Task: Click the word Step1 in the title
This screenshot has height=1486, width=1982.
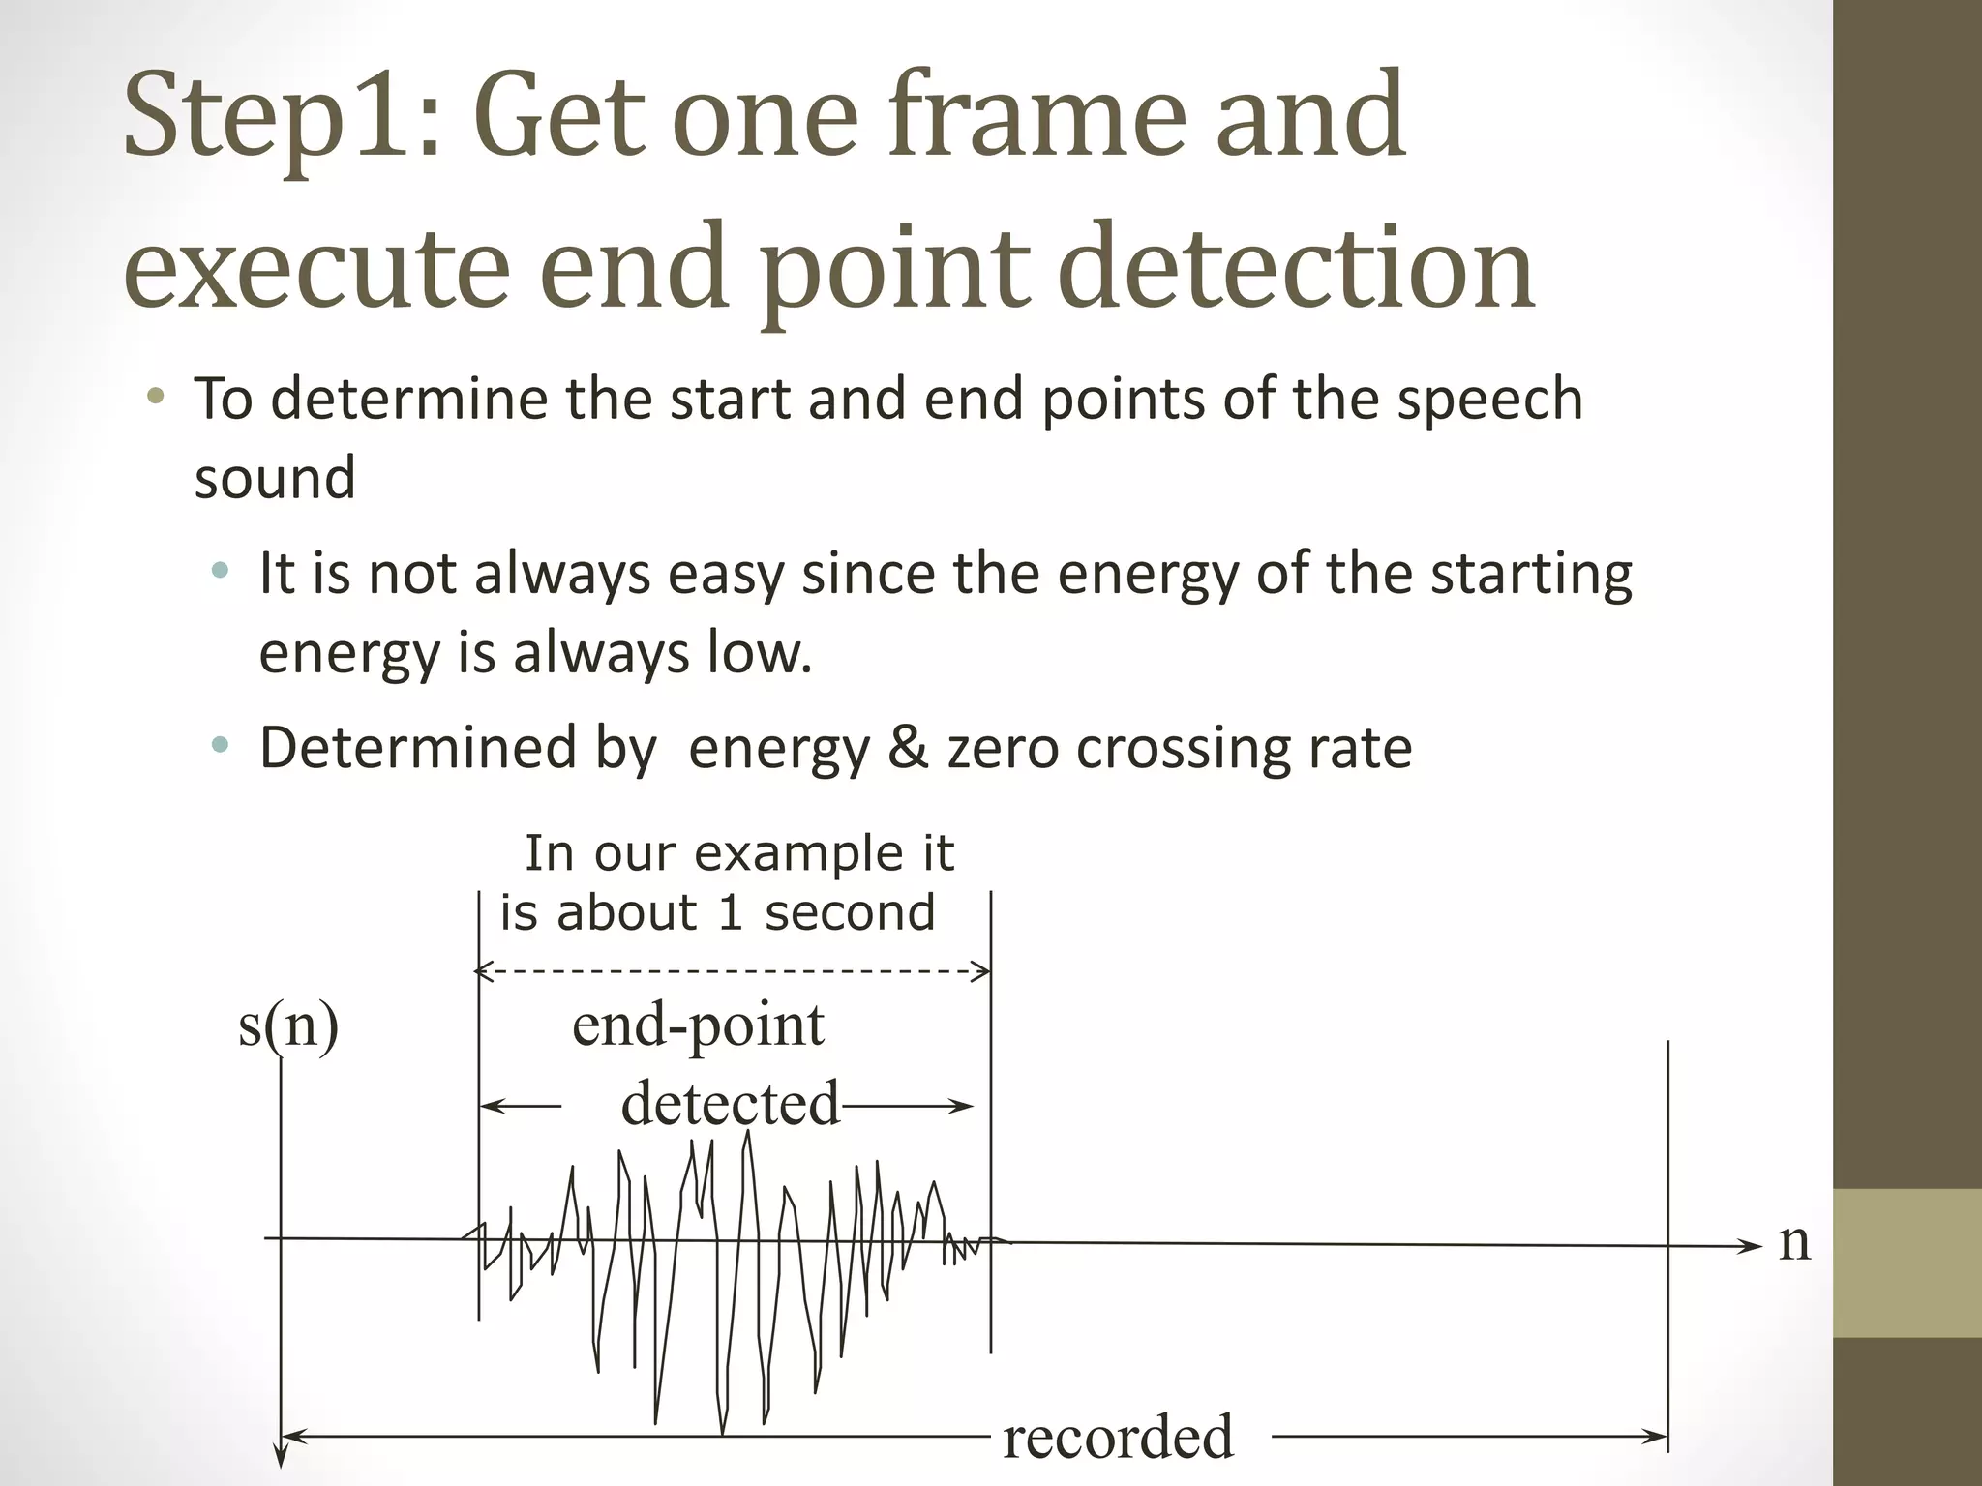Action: click(281, 116)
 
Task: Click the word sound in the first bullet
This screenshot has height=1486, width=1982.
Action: click(275, 478)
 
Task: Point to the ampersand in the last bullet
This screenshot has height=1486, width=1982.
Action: click(908, 748)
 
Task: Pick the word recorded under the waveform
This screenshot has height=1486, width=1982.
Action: click(1118, 1438)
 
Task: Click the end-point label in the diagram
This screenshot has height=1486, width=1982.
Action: click(698, 1025)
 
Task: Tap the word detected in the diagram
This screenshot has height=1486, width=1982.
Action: click(731, 1104)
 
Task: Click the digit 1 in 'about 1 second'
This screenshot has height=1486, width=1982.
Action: click(730, 913)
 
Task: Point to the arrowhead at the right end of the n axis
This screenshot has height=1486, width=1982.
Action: click(1752, 1246)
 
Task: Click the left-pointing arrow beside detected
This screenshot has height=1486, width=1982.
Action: click(518, 1106)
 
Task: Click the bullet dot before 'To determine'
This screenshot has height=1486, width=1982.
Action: click(156, 398)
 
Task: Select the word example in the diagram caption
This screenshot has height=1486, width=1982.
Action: click(797, 853)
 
